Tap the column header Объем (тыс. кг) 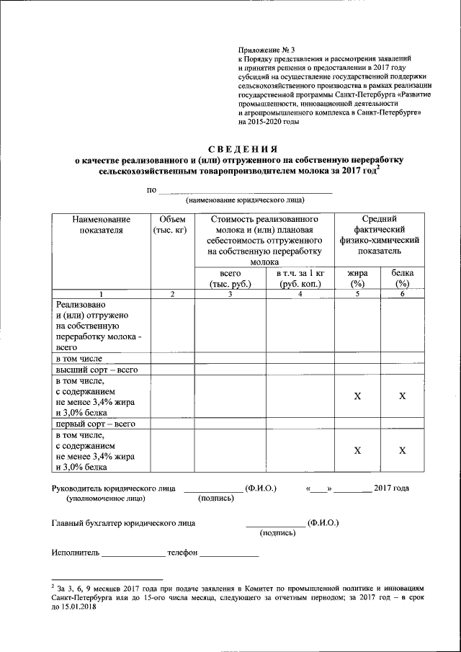[x=170, y=224]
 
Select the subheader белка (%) [x=403, y=279]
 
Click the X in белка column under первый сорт [x=403, y=450]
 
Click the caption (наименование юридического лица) [x=245, y=200]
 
